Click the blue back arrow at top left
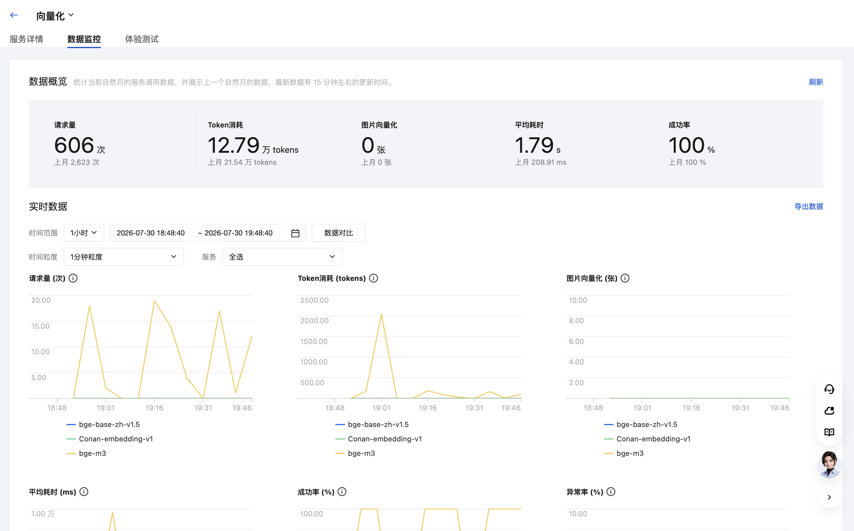[x=14, y=15]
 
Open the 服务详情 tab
[x=26, y=39]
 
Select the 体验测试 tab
[x=142, y=39]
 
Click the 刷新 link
[x=816, y=82]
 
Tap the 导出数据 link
[x=809, y=206]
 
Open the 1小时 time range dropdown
[x=84, y=233]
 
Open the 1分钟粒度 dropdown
[x=124, y=257]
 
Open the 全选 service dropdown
[x=282, y=257]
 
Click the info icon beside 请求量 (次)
[x=73, y=278]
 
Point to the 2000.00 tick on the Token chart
[x=314, y=321]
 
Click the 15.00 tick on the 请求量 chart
[x=40, y=326]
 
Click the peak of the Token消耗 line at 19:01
[x=381, y=314]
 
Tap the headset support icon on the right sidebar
[x=829, y=389]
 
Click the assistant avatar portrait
[x=829, y=465]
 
